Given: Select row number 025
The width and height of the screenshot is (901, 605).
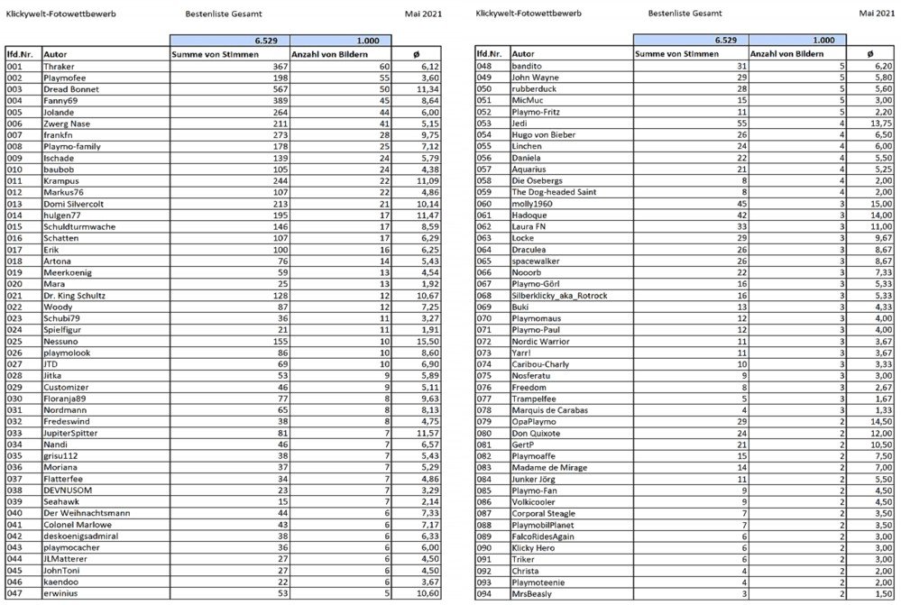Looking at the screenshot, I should [14, 342].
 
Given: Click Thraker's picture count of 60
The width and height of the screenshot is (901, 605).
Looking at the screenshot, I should [382, 67].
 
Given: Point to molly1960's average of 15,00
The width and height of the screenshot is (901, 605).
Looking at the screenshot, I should [879, 204].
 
